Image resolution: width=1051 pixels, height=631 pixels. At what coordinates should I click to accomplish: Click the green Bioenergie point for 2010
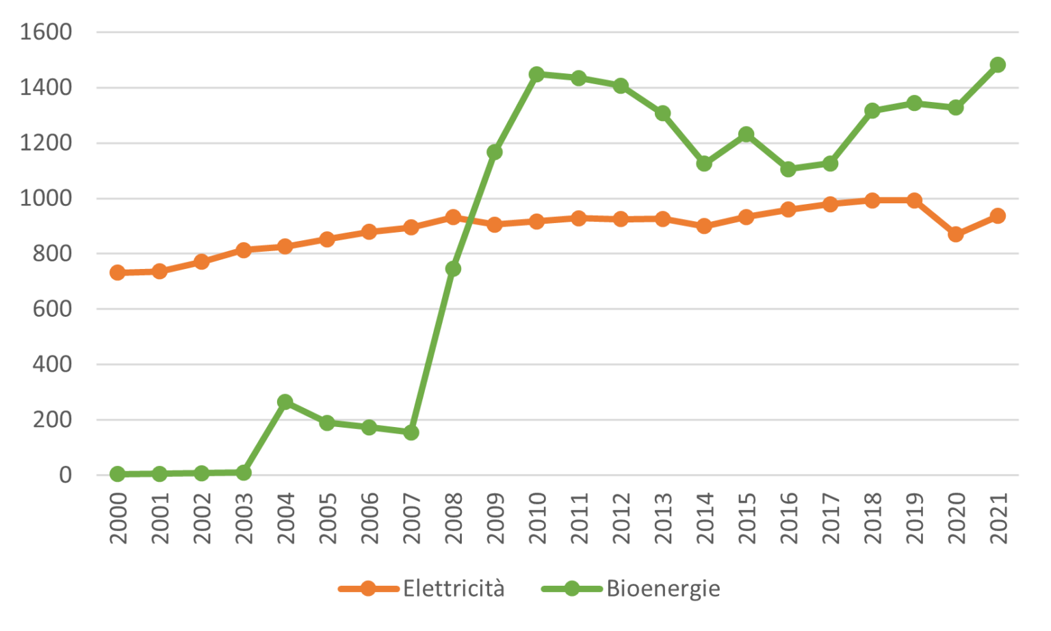[536, 74]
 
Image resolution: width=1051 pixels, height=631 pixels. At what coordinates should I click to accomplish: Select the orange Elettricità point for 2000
[118, 272]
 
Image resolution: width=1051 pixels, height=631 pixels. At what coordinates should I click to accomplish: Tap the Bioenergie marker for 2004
[285, 402]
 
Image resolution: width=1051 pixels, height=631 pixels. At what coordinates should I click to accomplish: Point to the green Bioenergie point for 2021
[998, 65]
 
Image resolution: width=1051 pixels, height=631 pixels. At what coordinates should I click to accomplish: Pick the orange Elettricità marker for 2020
[956, 234]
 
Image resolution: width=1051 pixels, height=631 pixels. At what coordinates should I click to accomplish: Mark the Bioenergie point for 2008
[453, 269]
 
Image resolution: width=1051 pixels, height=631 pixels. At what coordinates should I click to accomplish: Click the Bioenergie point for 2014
[704, 164]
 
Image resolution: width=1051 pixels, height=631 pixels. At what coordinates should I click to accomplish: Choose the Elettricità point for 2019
[914, 201]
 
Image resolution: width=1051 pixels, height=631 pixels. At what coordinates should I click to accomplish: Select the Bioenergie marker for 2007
[411, 433]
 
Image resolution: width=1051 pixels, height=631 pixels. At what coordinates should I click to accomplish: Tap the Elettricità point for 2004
[285, 246]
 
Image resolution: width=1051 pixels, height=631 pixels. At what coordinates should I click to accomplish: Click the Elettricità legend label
[453, 589]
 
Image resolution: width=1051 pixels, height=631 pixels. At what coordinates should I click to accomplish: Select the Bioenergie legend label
[663, 589]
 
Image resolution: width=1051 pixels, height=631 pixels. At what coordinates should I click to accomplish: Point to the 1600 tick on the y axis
[46, 32]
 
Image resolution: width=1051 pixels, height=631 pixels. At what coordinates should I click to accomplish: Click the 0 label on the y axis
[65, 475]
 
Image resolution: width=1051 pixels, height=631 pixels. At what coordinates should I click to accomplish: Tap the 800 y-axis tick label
[52, 254]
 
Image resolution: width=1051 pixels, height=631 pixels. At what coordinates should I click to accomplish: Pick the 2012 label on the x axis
[621, 518]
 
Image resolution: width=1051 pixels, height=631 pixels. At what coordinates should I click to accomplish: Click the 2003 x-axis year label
[244, 518]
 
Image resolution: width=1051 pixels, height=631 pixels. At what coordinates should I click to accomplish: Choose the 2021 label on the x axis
[998, 518]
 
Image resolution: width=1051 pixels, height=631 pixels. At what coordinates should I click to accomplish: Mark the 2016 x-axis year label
[789, 518]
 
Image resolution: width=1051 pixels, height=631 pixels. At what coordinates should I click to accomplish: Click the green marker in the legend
[571, 589]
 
